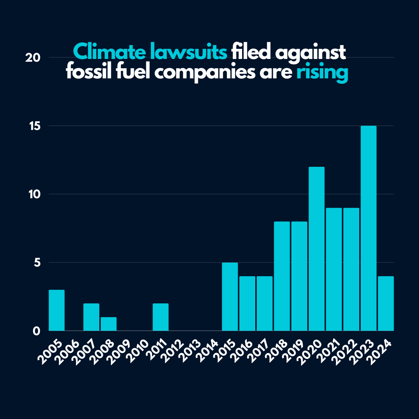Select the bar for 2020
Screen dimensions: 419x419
click(x=317, y=249)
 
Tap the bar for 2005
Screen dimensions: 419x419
click(x=57, y=310)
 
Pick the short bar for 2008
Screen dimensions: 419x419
click(x=109, y=324)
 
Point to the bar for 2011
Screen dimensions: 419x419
click(x=161, y=317)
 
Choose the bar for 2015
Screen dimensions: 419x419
click(x=230, y=296)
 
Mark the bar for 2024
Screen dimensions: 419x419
click(x=386, y=303)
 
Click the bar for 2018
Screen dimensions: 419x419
click(x=282, y=276)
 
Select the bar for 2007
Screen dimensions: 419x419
click(x=91, y=317)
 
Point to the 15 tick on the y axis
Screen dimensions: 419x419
click(x=33, y=126)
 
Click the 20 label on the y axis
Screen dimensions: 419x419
click(x=33, y=58)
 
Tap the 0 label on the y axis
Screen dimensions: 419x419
click(x=37, y=331)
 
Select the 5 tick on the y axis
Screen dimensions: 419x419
click(x=37, y=263)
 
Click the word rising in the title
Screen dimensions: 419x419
click(x=322, y=73)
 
